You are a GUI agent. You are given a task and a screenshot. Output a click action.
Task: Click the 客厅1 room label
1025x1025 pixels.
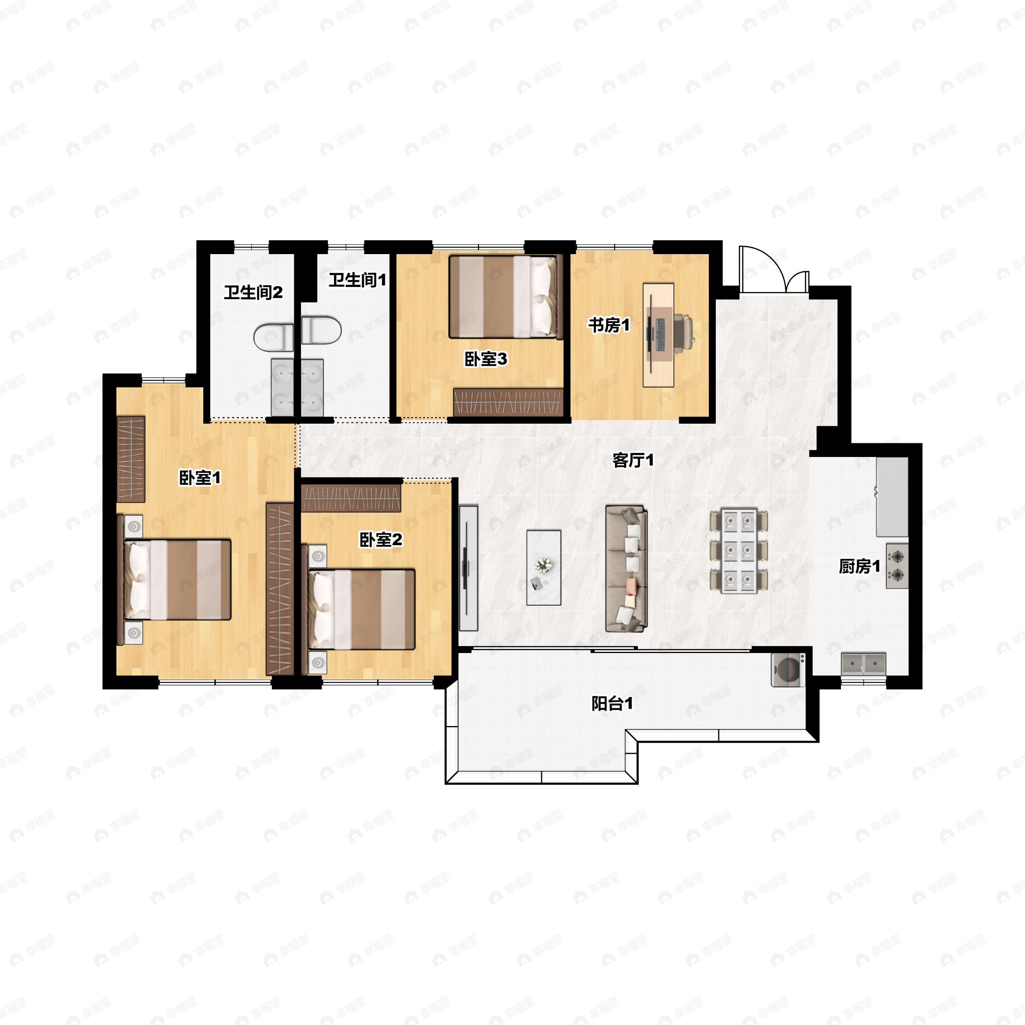(x=633, y=460)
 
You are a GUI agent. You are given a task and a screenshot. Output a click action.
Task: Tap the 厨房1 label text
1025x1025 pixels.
(x=859, y=567)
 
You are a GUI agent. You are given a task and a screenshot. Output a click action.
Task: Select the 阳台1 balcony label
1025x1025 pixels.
(x=612, y=703)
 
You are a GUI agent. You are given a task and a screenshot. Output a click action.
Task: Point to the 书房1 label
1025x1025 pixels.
(x=609, y=325)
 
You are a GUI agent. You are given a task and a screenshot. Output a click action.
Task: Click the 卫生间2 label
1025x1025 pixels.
(x=253, y=292)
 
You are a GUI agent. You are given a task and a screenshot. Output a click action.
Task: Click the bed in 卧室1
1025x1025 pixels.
(x=174, y=580)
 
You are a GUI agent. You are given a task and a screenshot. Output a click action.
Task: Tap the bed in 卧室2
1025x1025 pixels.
(x=358, y=609)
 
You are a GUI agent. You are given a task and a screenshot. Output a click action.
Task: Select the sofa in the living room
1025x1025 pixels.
(x=627, y=569)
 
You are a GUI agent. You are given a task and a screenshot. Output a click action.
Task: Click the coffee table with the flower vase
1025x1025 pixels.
(x=544, y=568)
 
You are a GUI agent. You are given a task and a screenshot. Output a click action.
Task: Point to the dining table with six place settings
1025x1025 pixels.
(x=738, y=551)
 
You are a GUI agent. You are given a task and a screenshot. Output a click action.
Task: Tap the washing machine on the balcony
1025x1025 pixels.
(x=788, y=670)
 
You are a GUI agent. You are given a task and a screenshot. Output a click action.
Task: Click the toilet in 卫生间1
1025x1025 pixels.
(x=322, y=330)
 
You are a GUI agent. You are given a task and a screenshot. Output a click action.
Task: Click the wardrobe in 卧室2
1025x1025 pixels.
(x=351, y=495)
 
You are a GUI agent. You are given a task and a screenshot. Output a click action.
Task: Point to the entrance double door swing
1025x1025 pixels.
(x=774, y=269)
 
